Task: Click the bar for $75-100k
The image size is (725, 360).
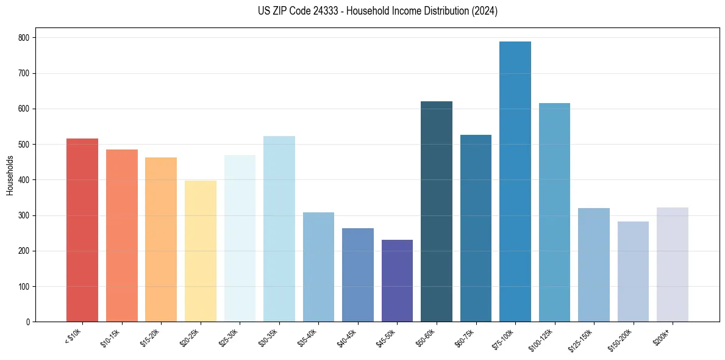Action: tap(515, 183)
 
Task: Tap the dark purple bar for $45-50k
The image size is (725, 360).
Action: tap(397, 281)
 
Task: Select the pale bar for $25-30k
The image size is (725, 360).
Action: tap(240, 239)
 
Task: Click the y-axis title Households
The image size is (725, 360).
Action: tap(10, 175)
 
